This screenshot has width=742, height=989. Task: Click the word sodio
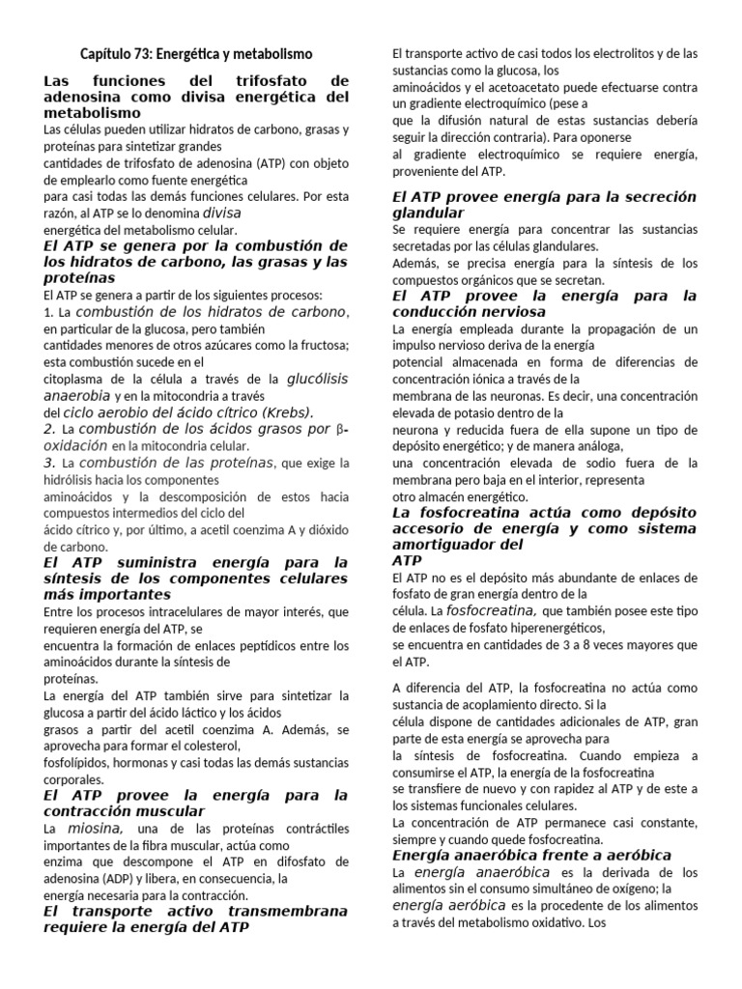coord(583,462)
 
